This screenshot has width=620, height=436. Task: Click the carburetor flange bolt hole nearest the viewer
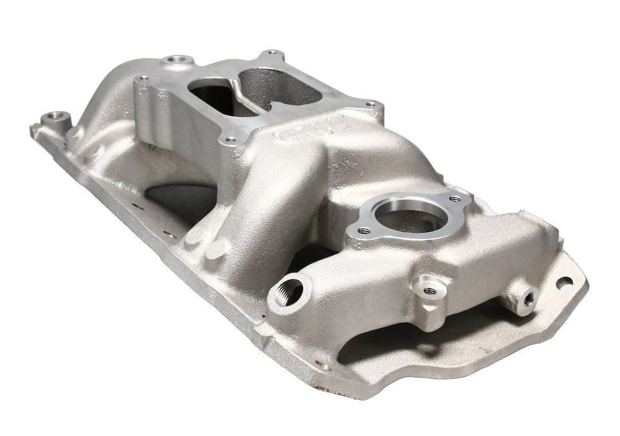point(230,138)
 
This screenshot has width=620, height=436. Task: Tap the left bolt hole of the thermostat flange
point(363,231)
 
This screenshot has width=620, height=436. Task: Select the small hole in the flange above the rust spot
point(326,366)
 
